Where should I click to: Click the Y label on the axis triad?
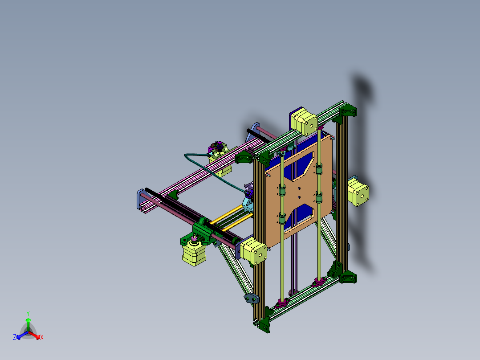tap(28, 313)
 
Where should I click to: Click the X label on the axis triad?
tap(41, 338)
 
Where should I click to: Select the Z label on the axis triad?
tap(15, 338)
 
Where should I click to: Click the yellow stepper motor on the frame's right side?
tap(358, 192)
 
